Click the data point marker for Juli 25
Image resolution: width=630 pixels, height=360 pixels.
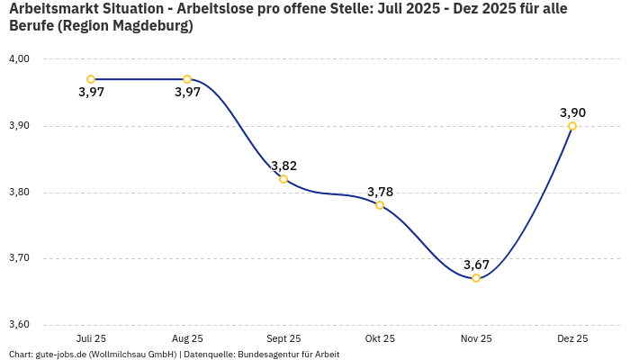click(91, 79)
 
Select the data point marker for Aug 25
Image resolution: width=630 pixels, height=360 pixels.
click(187, 79)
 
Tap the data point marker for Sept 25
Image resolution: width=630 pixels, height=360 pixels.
click(283, 179)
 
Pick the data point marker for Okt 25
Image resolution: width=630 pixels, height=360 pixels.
click(380, 205)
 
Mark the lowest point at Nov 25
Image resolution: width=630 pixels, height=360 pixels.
click(476, 278)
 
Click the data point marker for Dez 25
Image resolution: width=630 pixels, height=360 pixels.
click(572, 126)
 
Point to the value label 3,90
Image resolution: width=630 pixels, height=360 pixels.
click(572, 112)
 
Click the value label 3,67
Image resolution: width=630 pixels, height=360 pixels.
click(476, 265)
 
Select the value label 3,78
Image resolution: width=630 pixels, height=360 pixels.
click(380, 192)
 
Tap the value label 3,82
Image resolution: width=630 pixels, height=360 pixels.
click(283, 166)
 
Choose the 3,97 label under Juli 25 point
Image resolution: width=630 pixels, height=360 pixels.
click(91, 93)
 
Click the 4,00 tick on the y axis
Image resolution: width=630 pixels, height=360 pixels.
click(19, 59)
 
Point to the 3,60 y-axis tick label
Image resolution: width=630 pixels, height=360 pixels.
click(19, 325)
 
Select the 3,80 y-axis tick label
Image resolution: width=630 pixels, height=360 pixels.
click(19, 193)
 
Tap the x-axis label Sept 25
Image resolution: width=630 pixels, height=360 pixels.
click(283, 339)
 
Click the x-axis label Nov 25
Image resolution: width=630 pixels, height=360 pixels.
click(476, 339)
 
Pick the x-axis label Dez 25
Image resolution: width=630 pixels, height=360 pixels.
click(572, 339)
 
